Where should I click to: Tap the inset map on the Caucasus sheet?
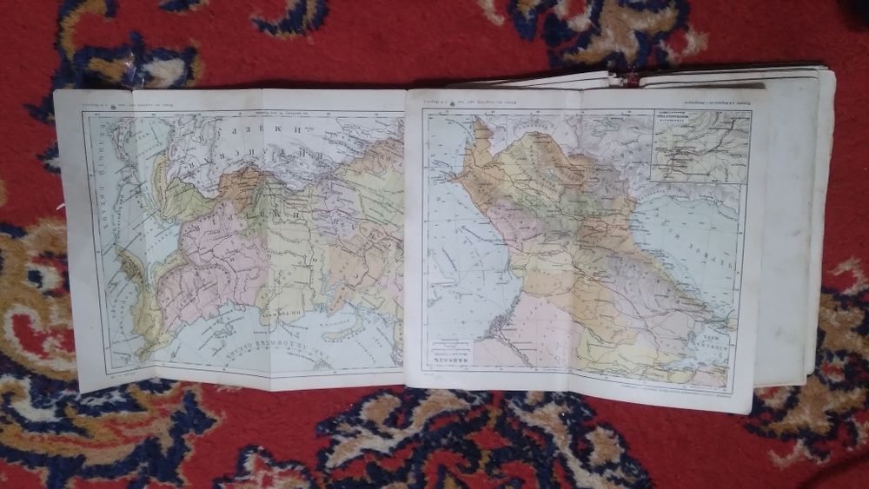pos(701,146)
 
